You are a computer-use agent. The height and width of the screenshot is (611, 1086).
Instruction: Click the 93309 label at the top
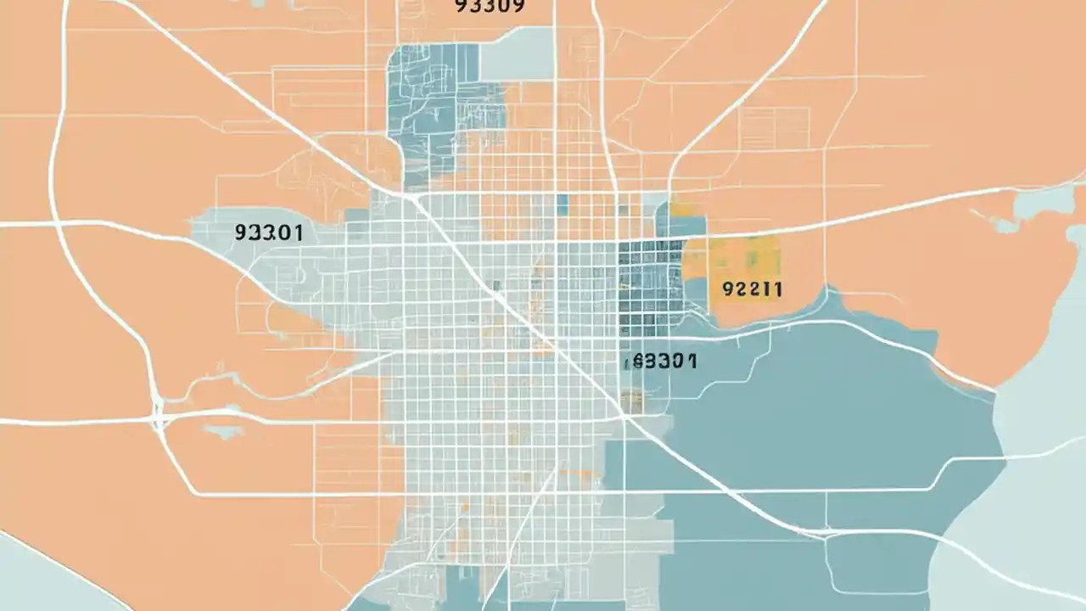[x=490, y=6]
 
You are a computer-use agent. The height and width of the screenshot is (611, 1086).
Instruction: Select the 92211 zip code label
[x=752, y=289]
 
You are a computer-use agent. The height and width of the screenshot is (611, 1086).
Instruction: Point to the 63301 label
[x=664, y=362]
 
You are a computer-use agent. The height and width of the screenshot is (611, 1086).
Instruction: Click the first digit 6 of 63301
[x=638, y=362]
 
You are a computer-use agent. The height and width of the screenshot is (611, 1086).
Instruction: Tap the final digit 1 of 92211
[x=777, y=289]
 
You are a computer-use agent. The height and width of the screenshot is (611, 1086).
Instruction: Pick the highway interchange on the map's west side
[x=158, y=414]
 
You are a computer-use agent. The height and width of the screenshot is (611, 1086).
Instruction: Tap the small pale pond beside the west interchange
[x=223, y=432]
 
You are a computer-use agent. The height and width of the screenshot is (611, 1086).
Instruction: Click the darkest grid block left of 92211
[x=650, y=280]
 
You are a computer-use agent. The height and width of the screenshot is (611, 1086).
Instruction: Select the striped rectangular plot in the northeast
[x=772, y=127]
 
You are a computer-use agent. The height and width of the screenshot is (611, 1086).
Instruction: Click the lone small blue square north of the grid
[x=562, y=204]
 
